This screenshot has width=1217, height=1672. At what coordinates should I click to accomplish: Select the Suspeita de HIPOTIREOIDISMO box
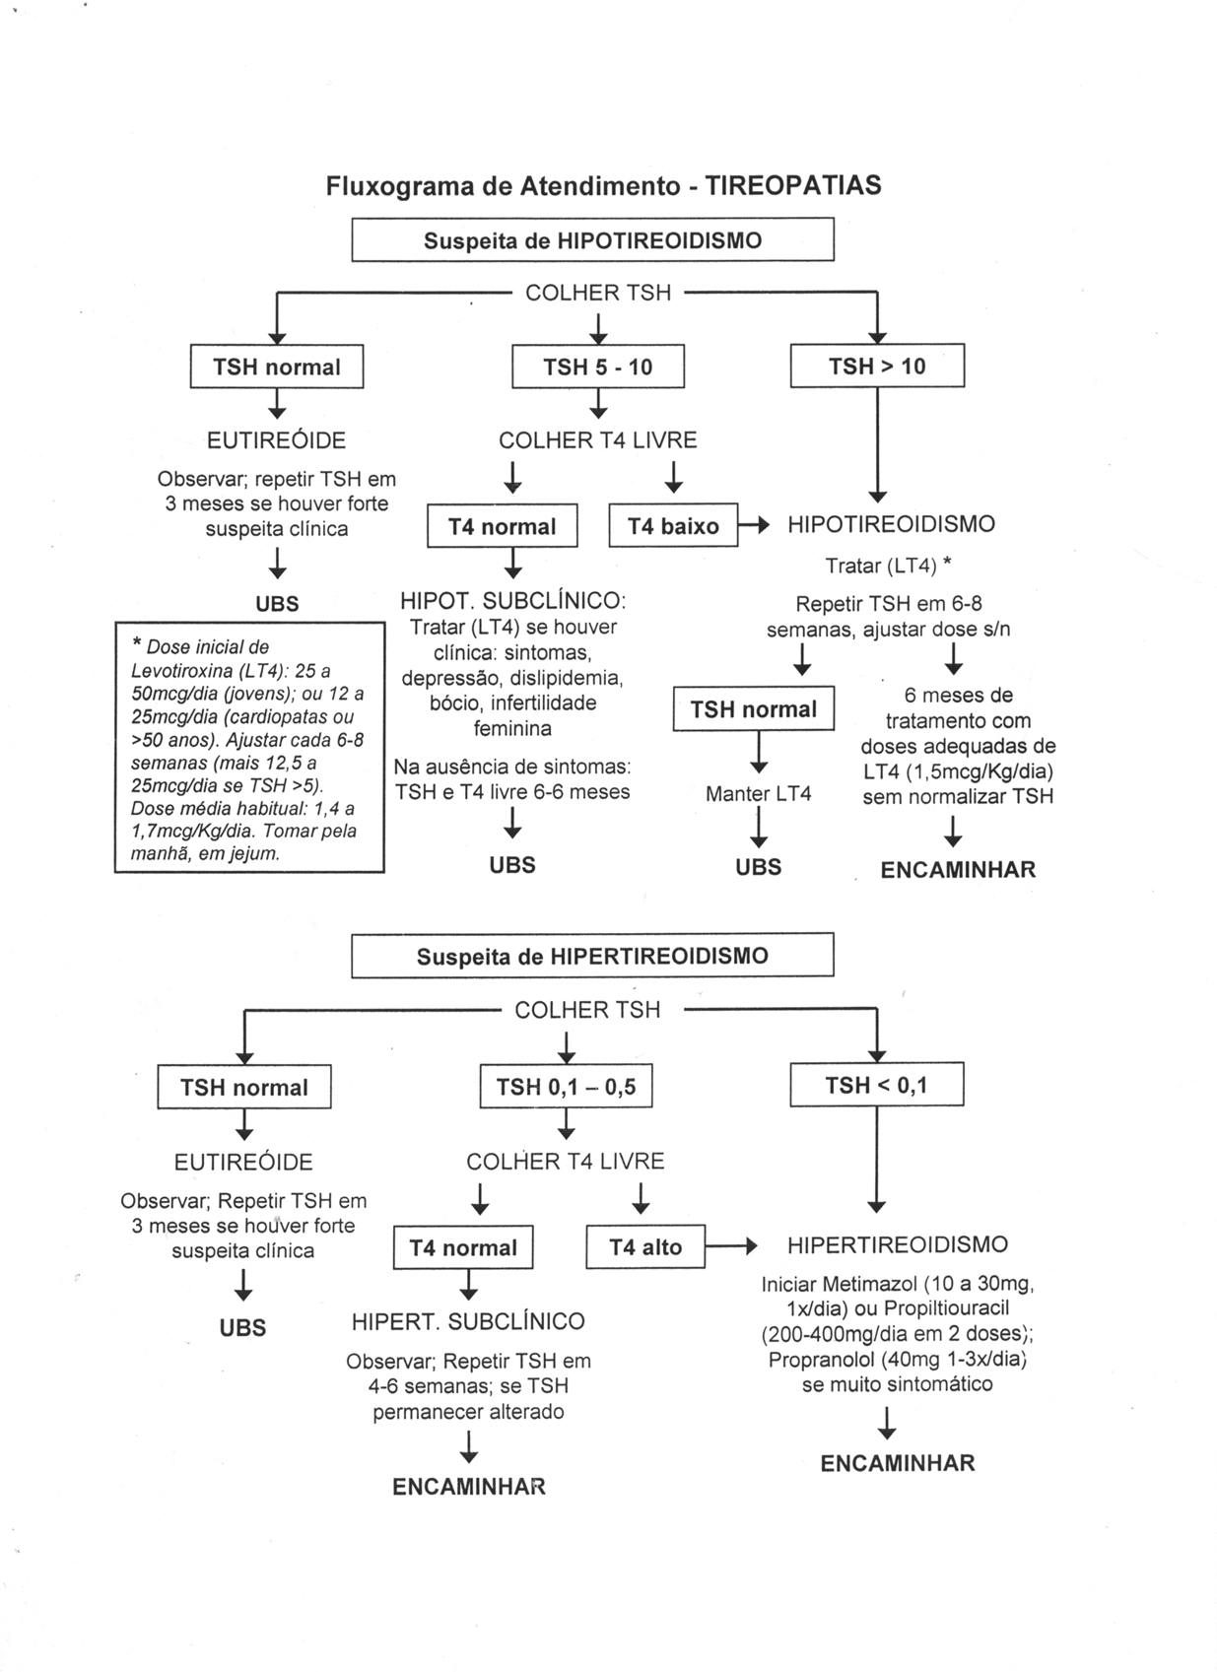[x=592, y=240]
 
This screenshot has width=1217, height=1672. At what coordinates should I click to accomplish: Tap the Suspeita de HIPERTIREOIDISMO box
[x=592, y=956]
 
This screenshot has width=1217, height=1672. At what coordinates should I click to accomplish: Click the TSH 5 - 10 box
[x=597, y=368]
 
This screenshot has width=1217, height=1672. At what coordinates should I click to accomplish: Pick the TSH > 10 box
[x=877, y=367]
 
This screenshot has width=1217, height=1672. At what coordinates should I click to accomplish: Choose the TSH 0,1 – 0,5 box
[x=566, y=1088]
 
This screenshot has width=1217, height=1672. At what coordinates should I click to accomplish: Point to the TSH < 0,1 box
[x=876, y=1086]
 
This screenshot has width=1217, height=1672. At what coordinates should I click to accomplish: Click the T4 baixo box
[x=674, y=527]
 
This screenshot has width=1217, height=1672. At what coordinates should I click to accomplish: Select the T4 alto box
[x=645, y=1247]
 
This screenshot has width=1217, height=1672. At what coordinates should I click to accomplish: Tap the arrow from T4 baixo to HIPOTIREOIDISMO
[x=754, y=526]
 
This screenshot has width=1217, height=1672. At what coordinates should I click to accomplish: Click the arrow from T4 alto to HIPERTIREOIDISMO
[x=731, y=1246]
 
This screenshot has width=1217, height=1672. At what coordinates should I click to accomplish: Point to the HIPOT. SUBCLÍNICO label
[x=512, y=601]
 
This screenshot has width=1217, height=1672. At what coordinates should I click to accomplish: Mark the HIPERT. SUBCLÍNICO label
[x=468, y=1321]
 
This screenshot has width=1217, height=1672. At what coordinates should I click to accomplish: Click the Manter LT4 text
[x=758, y=794]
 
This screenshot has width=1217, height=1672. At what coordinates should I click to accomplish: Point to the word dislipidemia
[x=566, y=678]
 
